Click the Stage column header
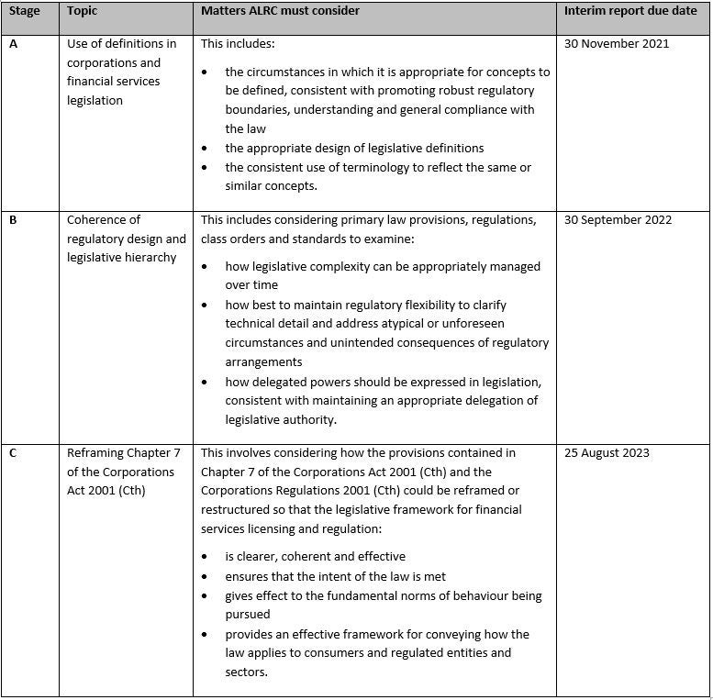(x=25, y=11)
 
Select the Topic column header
(x=82, y=11)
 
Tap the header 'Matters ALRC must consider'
(x=280, y=11)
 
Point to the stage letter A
(x=14, y=43)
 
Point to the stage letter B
(x=14, y=219)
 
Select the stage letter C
(x=14, y=452)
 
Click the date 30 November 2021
(x=617, y=43)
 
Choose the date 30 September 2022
(x=618, y=219)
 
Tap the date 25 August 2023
(x=607, y=452)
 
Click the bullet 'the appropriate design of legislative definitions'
(x=354, y=148)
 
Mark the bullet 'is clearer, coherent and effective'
(x=315, y=556)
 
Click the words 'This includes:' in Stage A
(x=238, y=43)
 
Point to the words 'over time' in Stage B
(x=251, y=285)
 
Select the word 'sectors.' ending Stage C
(x=246, y=672)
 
